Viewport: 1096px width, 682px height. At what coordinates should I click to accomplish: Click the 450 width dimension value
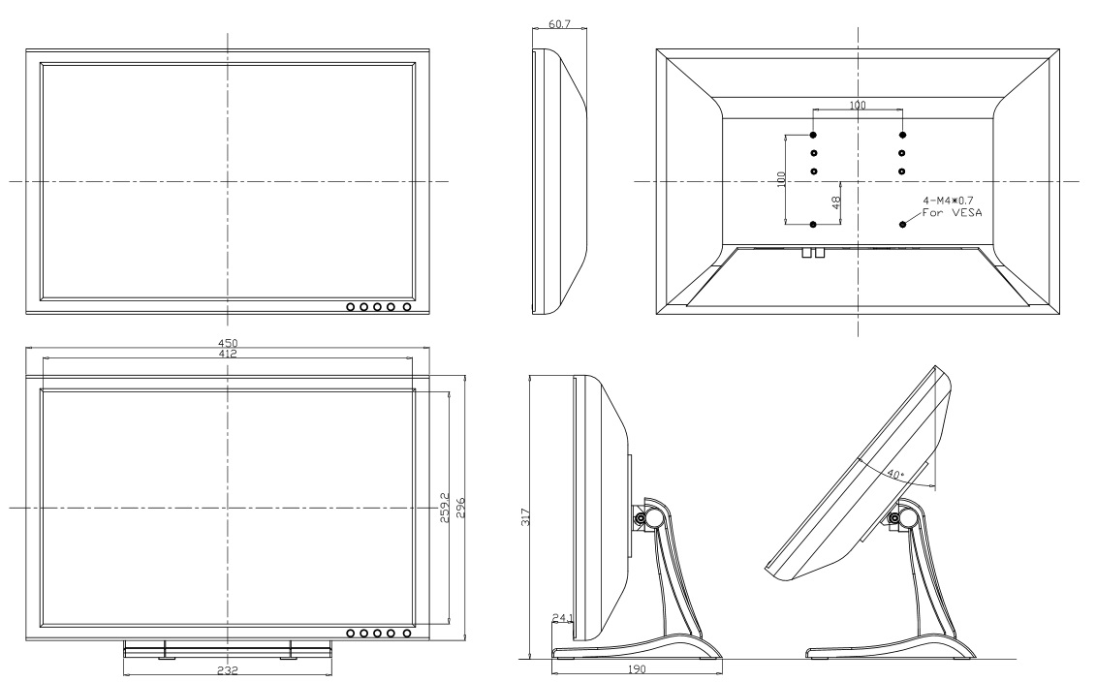pyautogui.click(x=228, y=343)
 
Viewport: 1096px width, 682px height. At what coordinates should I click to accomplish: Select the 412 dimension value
pyautogui.click(x=228, y=355)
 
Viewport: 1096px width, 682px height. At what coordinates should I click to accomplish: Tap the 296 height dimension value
pyautogui.click(x=461, y=507)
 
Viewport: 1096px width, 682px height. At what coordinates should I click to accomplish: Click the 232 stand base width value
pyautogui.click(x=228, y=669)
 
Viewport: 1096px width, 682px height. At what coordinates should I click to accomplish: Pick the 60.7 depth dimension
pyautogui.click(x=559, y=22)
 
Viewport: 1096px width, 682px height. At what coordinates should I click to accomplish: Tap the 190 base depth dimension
pyautogui.click(x=636, y=669)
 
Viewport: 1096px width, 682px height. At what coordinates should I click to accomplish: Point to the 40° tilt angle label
pyautogui.click(x=893, y=476)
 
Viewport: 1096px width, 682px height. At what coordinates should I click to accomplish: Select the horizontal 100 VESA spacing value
pyautogui.click(x=858, y=105)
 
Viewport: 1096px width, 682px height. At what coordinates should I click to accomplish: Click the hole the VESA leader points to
pyautogui.click(x=903, y=224)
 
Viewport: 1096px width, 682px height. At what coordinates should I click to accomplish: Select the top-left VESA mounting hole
pyautogui.click(x=813, y=135)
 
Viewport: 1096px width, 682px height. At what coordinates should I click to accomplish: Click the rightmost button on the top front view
pyautogui.click(x=406, y=307)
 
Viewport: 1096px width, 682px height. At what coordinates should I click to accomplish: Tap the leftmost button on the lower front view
pyautogui.click(x=351, y=633)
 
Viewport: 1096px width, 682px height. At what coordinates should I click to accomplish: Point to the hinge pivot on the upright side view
pyautogui.click(x=642, y=518)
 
